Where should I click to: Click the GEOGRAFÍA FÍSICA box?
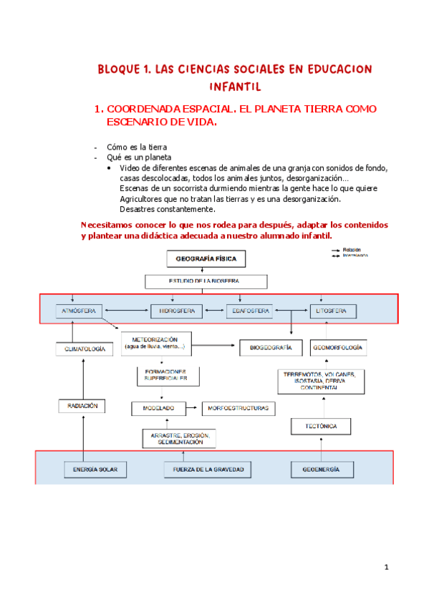click(206, 258)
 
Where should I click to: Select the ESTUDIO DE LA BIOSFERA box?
click(206, 281)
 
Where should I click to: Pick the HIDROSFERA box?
click(176, 311)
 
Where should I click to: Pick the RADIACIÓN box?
click(84, 406)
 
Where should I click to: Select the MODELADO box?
click(153, 408)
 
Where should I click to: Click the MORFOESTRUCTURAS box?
click(238, 408)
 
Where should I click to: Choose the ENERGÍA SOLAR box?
click(95, 470)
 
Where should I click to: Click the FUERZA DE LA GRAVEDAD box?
click(204, 470)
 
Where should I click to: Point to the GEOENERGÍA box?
click(317, 470)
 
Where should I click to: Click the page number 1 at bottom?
click(385, 568)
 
